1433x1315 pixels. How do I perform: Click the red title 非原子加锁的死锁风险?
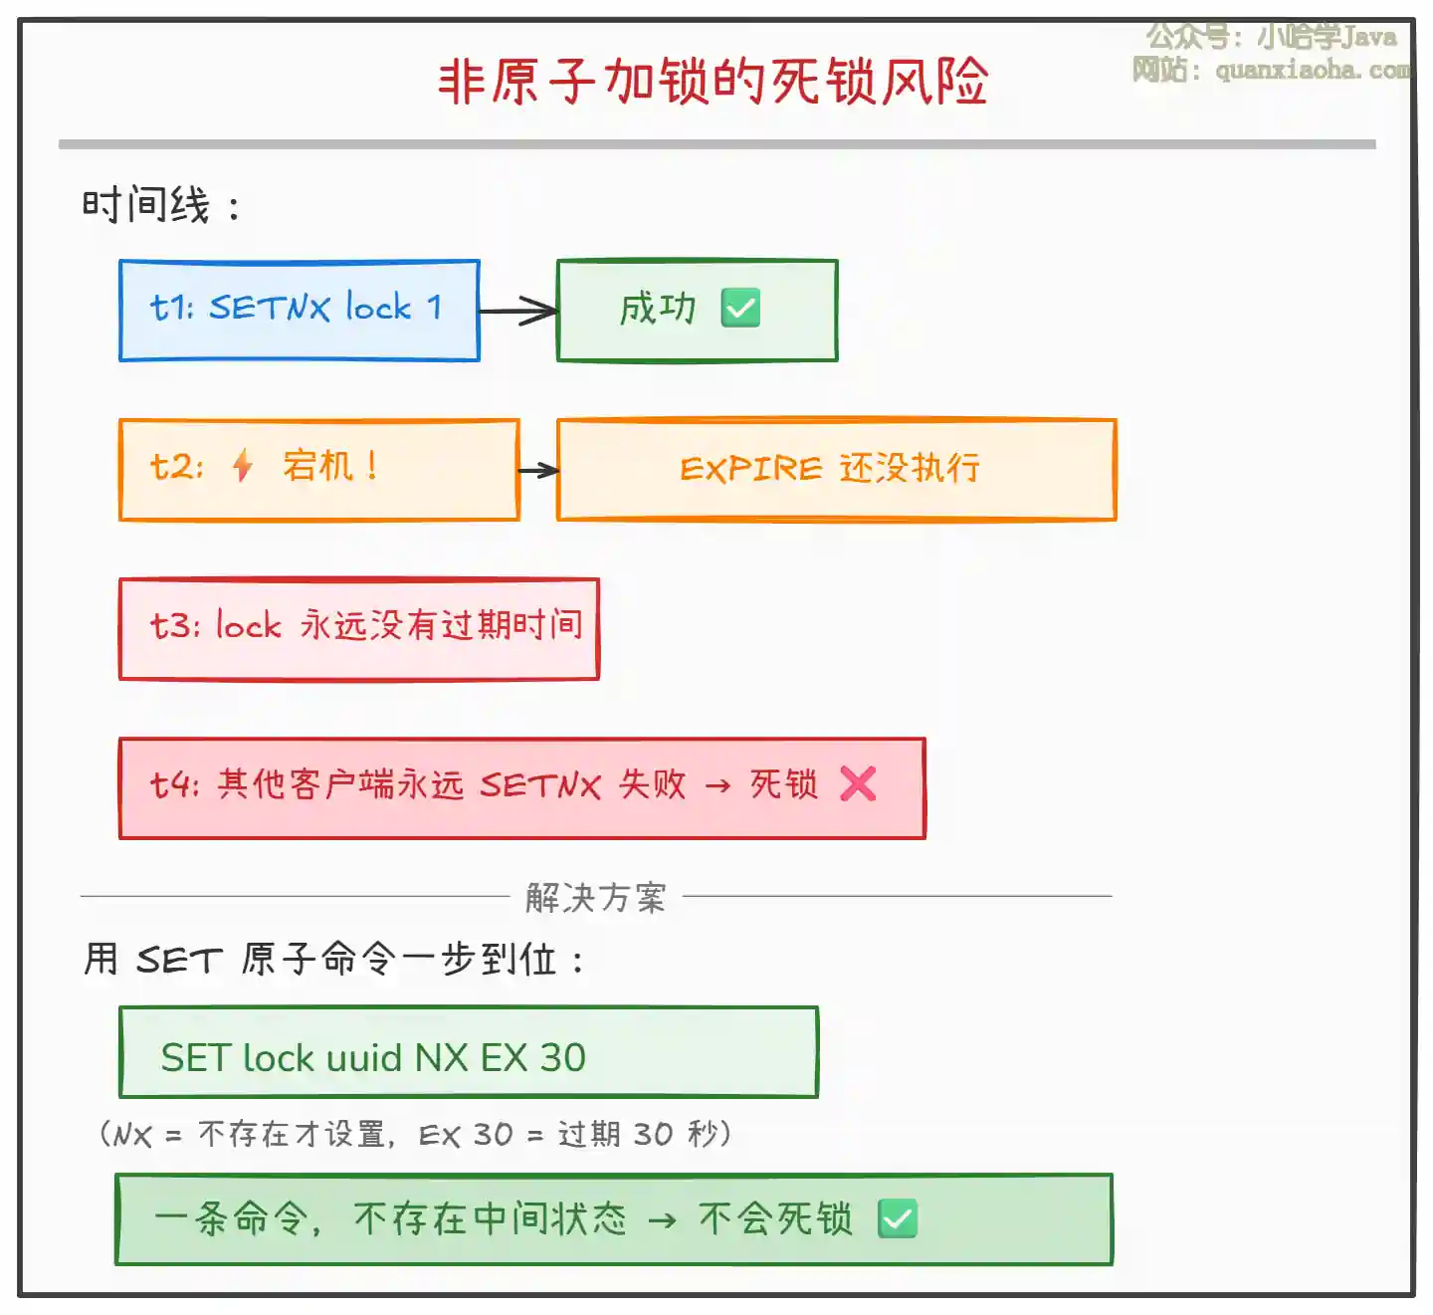coord(713,82)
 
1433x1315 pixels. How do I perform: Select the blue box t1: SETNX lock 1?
coord(299,310)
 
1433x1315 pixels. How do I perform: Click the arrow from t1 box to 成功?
coord(518,311)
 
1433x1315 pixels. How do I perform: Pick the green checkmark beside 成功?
coord(740,309)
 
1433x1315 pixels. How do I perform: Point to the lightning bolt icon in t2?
coord(243,466)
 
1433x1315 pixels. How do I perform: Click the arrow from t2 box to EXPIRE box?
coord(538,470)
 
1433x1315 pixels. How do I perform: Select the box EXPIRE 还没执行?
coord(836,470)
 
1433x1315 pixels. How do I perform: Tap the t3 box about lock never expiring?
coord(358,628)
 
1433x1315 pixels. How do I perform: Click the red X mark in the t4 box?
coord(858,784)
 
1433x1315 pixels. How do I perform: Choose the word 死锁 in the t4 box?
coord(783,785)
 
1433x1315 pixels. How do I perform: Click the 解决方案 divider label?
coord(595,898)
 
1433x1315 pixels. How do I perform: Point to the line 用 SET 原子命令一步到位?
coord(333,960)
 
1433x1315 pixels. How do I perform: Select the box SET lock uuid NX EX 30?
coord(468,1053)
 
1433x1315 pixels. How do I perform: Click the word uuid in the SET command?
coord(363,1058)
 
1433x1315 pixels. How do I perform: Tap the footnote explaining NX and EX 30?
coord(415,1134)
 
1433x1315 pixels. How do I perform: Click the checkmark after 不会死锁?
coord(898,1219)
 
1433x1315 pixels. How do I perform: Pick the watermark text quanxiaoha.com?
coord(1312,71)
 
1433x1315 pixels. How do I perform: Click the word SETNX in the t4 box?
coord(540,785)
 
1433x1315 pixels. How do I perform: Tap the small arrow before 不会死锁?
coord(662,1220)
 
